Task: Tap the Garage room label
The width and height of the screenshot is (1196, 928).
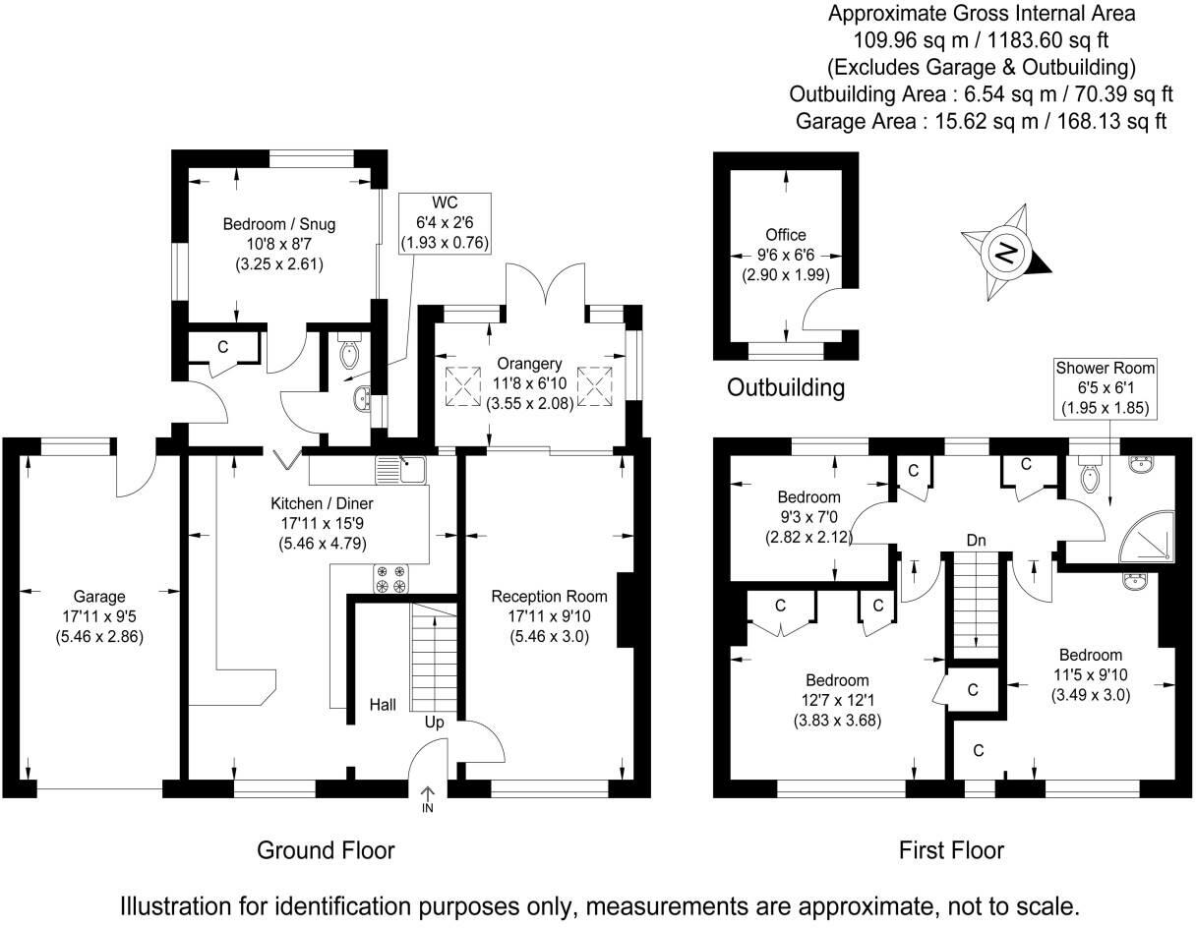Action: tap(99, 596)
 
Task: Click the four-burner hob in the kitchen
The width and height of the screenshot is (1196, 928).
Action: tap(391, 579)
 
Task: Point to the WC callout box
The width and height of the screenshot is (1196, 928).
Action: tap(445, 221)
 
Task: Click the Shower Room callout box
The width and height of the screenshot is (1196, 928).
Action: tap(1106, 387)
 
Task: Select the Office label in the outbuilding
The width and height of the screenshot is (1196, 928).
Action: tap(786, 235)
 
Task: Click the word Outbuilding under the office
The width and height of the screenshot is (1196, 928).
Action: tap(785, 387)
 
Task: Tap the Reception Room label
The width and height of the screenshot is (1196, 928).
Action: tap(549, 596)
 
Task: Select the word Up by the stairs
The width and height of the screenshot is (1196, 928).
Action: tap(434, 723)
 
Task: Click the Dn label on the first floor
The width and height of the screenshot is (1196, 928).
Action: tap(976, 540)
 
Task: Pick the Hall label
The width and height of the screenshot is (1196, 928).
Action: tap(383, 705)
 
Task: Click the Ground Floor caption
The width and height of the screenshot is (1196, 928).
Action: tap(326, 849)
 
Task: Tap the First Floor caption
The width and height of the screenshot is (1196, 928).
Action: tap(951, 849)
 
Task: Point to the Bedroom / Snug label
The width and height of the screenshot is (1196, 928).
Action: tap(265, 223)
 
